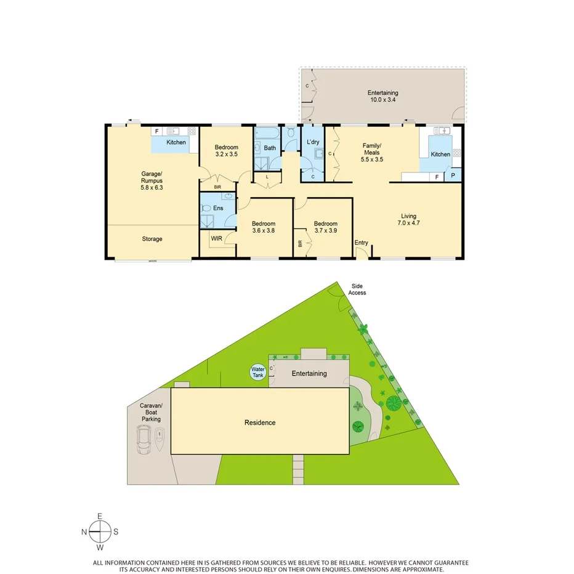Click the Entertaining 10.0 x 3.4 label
(x=383, y=96)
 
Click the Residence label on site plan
(x=260, y=422)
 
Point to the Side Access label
(x=357, y=289)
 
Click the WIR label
(x=216, y=238)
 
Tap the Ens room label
(x=218, y=209)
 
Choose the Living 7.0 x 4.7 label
(x=409, y=220)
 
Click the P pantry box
(x=453, y=176)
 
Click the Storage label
(x=152, y=239)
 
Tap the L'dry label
(x=312, y=143)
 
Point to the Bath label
(x=270, y=148)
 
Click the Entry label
(x=361, y=243)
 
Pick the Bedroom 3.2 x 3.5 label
(x=226, y=151)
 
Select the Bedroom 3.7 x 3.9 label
(x=325, y=227)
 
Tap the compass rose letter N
(x=84, y=532)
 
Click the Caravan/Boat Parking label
(x=151, y=413)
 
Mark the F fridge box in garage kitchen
(x=156, y=131)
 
